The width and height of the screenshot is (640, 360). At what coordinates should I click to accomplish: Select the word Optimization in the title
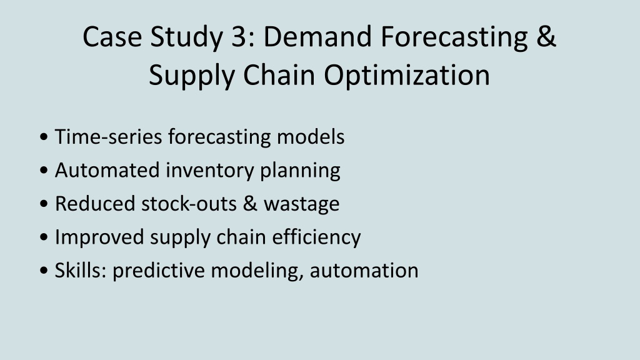tap(407, 75)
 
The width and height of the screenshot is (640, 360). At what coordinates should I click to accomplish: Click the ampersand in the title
tap(546, 36)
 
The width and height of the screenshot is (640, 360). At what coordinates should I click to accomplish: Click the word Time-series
tap(109, 136)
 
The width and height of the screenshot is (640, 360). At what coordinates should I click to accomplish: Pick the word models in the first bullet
tap(311, 136)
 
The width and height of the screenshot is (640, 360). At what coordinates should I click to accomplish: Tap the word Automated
tap(107, 170)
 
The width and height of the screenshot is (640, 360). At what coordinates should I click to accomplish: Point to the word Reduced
tap(95, 203)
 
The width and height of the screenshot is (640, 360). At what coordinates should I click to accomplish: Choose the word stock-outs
tap(189, 203)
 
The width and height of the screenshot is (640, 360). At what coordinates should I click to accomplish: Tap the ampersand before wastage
tap(250, 203)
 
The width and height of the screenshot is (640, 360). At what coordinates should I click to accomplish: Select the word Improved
tap(99, 237)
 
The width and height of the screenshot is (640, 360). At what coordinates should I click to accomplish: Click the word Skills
tap(81, 270)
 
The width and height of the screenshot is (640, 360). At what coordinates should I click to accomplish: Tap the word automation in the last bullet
tap(364, 270)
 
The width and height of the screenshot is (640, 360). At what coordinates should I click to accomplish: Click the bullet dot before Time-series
tap(44, 137)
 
